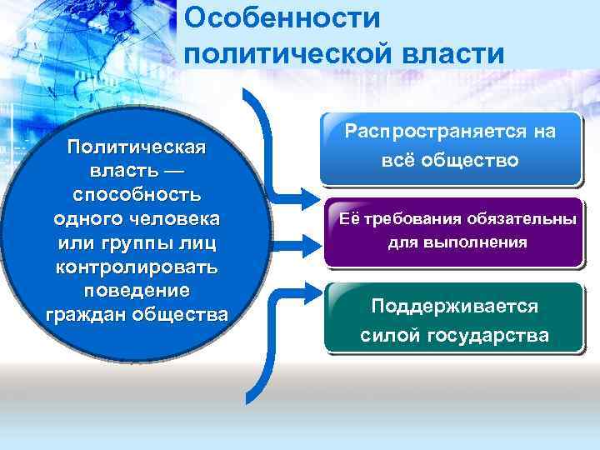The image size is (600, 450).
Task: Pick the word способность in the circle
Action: [137, 194]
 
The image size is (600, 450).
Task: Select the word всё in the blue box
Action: [400, 159]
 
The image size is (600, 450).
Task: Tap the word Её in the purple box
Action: [347, 220]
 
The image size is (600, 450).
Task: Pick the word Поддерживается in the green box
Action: [454, 307]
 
